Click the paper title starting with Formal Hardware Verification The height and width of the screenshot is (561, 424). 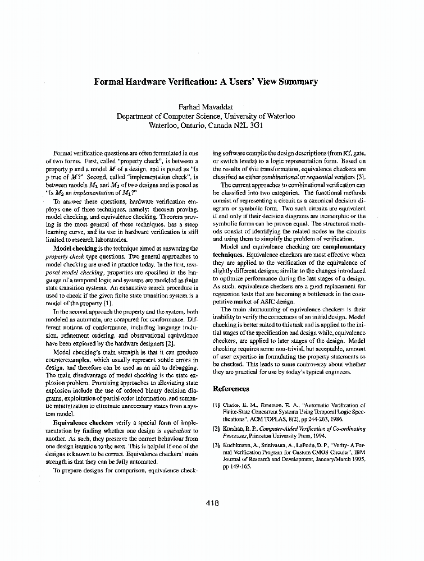click(206, 81)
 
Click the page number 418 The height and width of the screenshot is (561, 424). click(212, 503)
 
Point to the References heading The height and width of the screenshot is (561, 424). click(231, 389)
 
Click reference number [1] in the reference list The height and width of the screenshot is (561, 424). click(216, 404)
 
